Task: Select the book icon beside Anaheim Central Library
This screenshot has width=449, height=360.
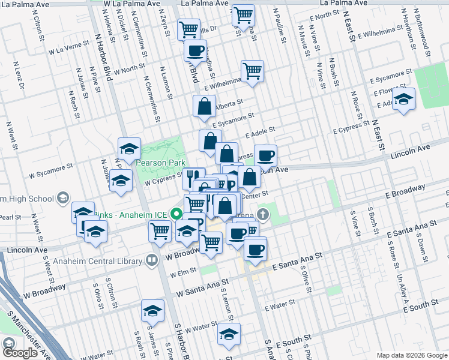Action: click(x=152, y=260)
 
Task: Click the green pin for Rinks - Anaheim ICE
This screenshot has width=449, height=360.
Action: click(x=176, y=213)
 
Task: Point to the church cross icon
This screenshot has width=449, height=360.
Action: click(x=262, y=214)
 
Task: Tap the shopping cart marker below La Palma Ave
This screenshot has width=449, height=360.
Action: click(x=243, y=15)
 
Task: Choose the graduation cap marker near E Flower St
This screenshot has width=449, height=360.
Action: click(x=403, y=98)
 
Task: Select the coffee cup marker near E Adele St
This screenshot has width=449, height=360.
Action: click(x=265, y=155)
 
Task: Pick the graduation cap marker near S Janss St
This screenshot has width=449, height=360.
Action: click(x=152, y=311)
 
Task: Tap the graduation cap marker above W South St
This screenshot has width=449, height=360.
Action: click(x=229, y=334)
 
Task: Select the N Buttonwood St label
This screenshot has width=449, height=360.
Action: click(x=425, y=39)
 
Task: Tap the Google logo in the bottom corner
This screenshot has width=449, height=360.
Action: click(x=20, y=353)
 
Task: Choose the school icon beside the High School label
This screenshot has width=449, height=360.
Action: click(x=62, y=199)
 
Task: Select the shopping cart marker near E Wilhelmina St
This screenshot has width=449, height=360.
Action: click(x=253, y=71)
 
